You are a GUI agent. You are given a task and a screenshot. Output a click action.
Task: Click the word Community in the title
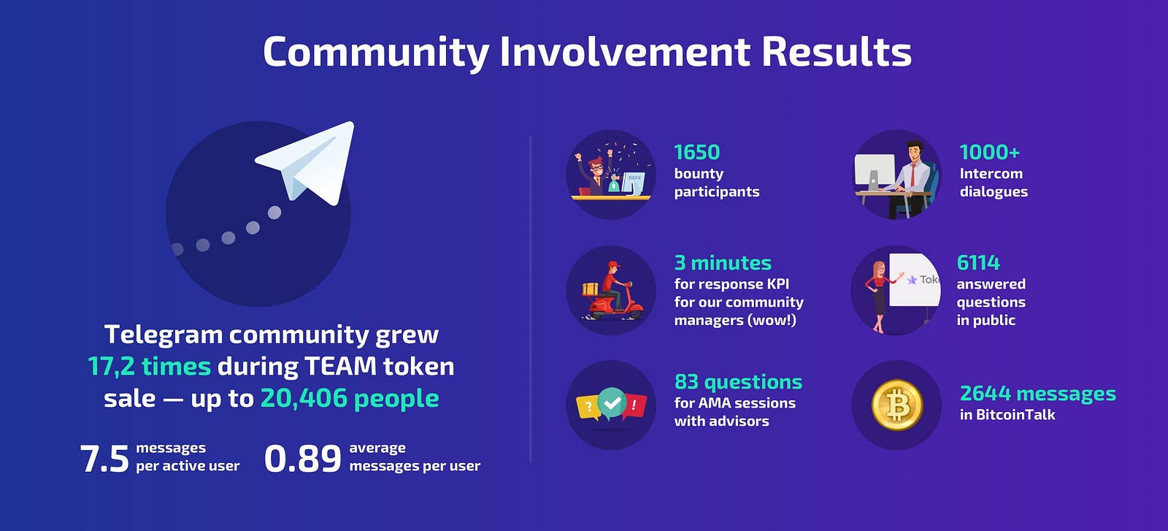click(376, 52)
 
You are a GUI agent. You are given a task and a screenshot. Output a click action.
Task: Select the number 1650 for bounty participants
click(696, 153)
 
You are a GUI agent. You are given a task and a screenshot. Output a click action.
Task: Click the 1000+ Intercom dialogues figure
click(989, 153)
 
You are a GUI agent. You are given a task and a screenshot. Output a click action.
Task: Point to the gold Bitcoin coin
click(897, 405)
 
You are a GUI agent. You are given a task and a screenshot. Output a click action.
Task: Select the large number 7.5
click(104, 459)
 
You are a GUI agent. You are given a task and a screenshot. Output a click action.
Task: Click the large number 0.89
click(302, 459)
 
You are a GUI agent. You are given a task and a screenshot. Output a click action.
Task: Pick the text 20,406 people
click(350, 399)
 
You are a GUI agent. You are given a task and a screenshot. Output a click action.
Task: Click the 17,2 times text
click(149, 366)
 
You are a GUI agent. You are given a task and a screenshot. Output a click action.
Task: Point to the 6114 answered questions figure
click(977, 263)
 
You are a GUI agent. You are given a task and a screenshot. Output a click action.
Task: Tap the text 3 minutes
click(723, 263)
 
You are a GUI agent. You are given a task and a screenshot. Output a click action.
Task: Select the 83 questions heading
click(738, 382)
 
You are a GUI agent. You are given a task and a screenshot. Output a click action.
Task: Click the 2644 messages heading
click(1037, 394)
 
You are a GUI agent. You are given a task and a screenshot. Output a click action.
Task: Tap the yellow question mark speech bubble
click(588, 407)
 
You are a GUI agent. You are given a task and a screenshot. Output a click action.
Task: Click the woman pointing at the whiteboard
click(879, 297)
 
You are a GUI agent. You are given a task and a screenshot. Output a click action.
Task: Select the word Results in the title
click(837, 52)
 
